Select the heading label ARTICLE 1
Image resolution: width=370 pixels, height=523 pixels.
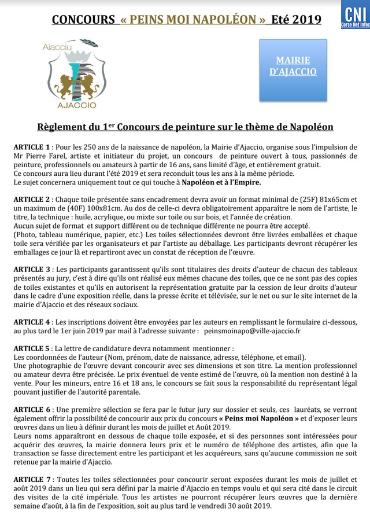pyautogui.click(x=32, y=148)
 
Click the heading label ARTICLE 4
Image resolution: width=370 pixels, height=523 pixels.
pyautogui.click(x=32, y=322)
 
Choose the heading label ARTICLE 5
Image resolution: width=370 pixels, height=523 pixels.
pyautogui.click(x=32, y=349)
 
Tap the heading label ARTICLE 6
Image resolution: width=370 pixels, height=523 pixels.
pyautogui.click(x=32, y=409)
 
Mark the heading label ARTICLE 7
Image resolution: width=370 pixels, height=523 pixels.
pyautogui.click(x=33, y=480)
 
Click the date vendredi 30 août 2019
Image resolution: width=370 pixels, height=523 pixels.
pyautogui.click(x=230, y=506)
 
